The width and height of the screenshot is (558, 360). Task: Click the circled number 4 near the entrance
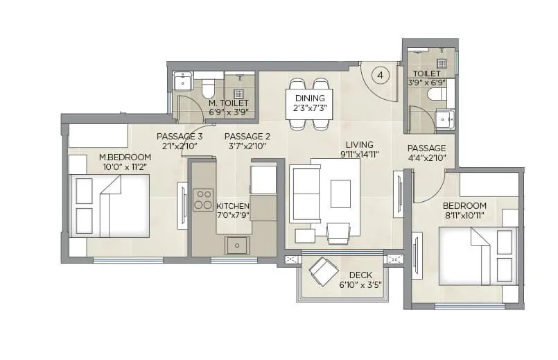[x=381, y=74]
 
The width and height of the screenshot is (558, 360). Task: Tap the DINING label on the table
[x=309, y=98]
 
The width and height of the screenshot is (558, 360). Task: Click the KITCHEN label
[x=233, y=206]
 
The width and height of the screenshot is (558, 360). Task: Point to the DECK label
[x=360, y=275]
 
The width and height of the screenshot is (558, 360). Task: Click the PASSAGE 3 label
[x=178, y=136]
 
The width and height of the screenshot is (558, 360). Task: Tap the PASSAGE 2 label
[x=247, y=136]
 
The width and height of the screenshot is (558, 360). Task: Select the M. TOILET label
[x=228, y=102]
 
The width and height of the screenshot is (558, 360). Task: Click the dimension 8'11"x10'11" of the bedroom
[x=465, y=216]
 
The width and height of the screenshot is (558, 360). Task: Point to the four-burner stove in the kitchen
[x=203, y=200]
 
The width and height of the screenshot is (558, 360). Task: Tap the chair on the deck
[x=322, y=271]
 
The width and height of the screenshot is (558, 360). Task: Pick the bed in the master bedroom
[x=110, y=205]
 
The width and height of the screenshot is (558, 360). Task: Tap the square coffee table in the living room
[x=340, y=194]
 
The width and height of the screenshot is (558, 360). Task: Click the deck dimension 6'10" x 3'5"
[x=360, y=284]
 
